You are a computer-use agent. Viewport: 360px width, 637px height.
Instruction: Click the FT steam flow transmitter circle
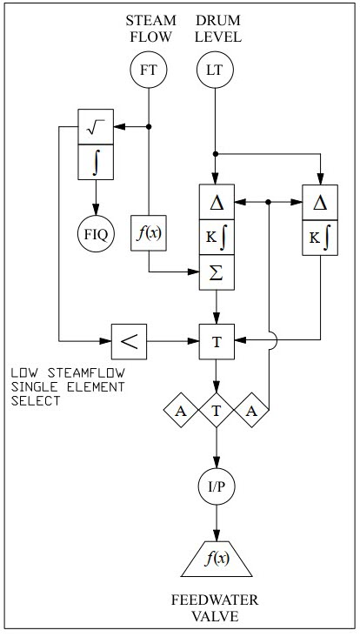click(149, 70)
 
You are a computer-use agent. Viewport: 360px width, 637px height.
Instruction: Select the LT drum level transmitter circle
click(215, 70)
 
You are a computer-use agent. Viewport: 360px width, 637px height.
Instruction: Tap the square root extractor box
click(96, 126)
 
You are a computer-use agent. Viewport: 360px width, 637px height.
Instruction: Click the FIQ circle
click(97, 233)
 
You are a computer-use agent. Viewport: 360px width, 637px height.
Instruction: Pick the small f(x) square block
click(149, 232)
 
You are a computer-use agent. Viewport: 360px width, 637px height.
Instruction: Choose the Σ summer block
click(217, 272)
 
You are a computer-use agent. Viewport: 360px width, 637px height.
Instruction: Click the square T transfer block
click(217, 342)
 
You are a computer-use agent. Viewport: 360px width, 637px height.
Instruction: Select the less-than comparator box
click(129, 342)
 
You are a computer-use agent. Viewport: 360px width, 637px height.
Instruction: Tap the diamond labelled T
click(217, 411)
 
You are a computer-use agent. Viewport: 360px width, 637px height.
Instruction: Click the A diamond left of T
click(181, 411)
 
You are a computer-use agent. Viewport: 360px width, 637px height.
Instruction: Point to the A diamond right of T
click(251, 411)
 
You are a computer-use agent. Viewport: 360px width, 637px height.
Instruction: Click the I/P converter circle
click(217, 487)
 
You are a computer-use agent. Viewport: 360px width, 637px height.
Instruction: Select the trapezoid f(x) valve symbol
click(217, 559)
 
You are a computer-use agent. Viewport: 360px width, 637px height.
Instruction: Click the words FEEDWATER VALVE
click(215, 608)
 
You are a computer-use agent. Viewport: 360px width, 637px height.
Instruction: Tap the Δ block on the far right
click(320, 202)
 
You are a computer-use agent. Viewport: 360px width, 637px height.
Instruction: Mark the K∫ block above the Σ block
click(217, 238)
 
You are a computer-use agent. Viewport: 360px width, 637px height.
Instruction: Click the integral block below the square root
click(96, 162)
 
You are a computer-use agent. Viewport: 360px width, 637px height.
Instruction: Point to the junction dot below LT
click(216, 154)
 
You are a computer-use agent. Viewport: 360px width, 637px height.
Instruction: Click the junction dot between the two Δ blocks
click(268, 202)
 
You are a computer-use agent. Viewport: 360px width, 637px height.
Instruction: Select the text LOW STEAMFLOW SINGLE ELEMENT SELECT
click(68, 386)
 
